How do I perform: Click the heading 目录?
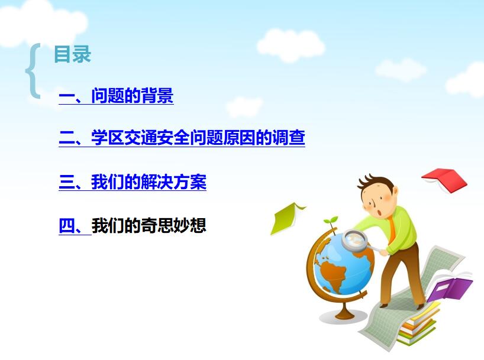coord(72,54)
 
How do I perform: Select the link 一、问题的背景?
coord(116,96)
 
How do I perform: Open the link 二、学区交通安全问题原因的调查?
coord(182,138)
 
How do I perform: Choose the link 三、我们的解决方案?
coord(133,182)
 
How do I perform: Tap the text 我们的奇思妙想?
coord(149,225)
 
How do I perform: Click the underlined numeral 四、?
coord(73,225)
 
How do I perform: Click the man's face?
coord(378,202)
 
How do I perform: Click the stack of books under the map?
coord(417,328)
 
